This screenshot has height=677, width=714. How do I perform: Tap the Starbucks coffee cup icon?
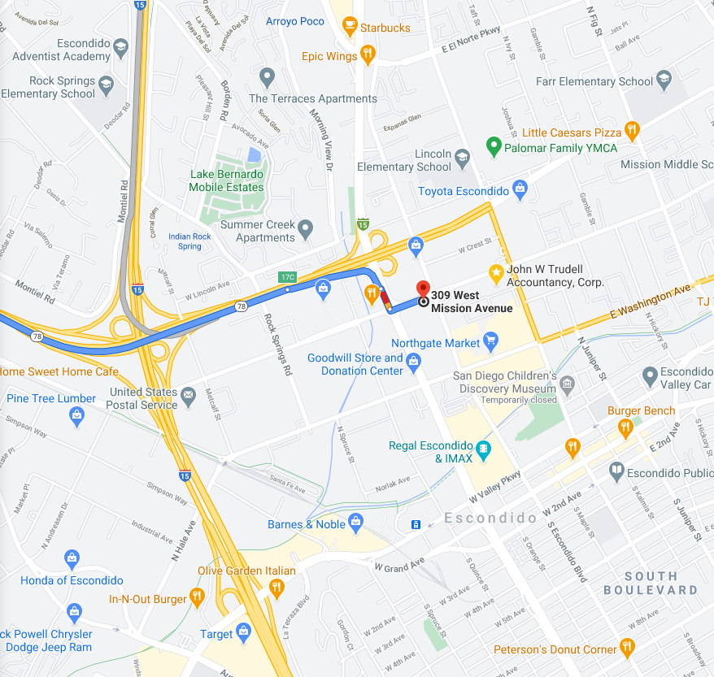(350, 28)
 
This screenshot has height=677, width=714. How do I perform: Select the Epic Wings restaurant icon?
(368, 56)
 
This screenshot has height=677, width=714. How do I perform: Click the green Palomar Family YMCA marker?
(492, 148)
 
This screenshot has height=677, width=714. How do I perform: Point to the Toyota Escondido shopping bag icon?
(520, 191)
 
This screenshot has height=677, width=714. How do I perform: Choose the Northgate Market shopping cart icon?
(490, 342)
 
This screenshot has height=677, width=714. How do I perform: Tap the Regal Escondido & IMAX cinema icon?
(484, 449)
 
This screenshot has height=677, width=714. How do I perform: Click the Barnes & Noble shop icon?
(355, 521)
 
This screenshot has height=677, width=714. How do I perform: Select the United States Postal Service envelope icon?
(189, 396)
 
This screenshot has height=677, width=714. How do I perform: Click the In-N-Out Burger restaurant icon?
(197, 599)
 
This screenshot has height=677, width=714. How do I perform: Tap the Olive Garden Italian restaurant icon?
(276, 588)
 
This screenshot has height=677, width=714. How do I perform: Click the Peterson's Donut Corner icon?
(626, 647)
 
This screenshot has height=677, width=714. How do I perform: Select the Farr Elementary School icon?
(664, 80)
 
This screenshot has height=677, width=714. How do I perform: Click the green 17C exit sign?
(287, 277)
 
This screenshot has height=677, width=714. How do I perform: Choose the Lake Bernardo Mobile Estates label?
(226, 180)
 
